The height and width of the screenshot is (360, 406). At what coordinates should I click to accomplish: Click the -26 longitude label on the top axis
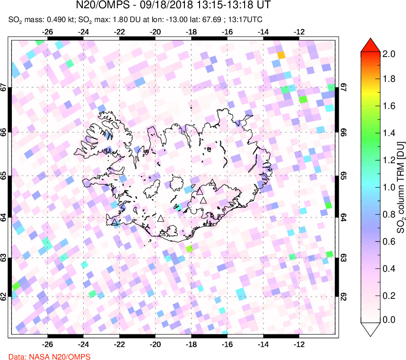coord(47,32)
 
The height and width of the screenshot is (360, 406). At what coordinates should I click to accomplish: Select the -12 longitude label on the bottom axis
coord(299,343)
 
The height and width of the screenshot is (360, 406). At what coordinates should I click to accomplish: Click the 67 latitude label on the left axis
coord(4,87)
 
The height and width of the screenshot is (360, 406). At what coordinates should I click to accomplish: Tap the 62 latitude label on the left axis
coord(4,297)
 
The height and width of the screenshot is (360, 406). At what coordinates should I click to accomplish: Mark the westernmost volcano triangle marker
coord(115,222)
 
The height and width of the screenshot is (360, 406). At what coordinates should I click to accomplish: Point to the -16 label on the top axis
coord(227,32)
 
